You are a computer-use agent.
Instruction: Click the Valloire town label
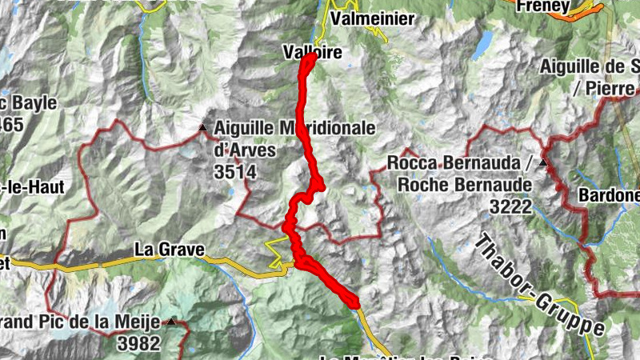click(x=312, y=53)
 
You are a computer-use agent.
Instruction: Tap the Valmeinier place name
click(x=373, y=18)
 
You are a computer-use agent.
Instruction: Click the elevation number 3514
click(x=234, y=170)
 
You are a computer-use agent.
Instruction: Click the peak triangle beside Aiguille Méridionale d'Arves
click(x=202, y=128)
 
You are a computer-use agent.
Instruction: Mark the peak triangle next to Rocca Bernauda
click(x=544, y=163)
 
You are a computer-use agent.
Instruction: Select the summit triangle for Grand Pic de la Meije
click(x=172, y=322)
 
